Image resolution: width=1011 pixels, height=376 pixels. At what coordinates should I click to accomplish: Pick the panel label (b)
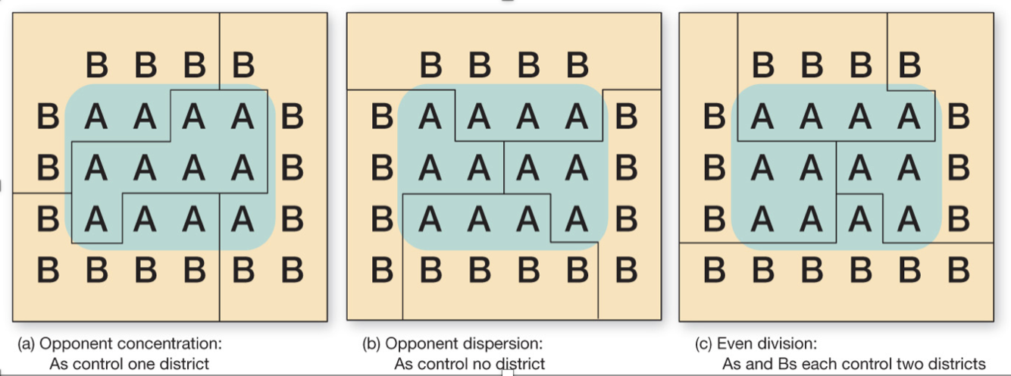tap(371, 343)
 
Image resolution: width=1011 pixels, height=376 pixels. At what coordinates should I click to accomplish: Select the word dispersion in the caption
tap(508, 343)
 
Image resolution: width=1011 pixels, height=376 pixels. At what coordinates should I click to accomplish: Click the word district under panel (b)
tap(519, 364)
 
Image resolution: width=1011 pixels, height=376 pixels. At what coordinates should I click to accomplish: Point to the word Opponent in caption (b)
tap(425, 343)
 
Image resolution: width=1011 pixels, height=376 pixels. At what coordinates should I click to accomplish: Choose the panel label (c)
tap(703, 343)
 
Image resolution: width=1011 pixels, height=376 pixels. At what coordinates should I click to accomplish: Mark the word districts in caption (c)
tap(955, 364)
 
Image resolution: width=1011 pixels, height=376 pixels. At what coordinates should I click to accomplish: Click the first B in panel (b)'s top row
tap(430, 66)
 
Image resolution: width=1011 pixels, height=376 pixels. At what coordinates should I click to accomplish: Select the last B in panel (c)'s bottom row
tap(958, 269)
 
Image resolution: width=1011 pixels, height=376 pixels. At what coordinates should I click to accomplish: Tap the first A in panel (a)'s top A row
tap(96, 117)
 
